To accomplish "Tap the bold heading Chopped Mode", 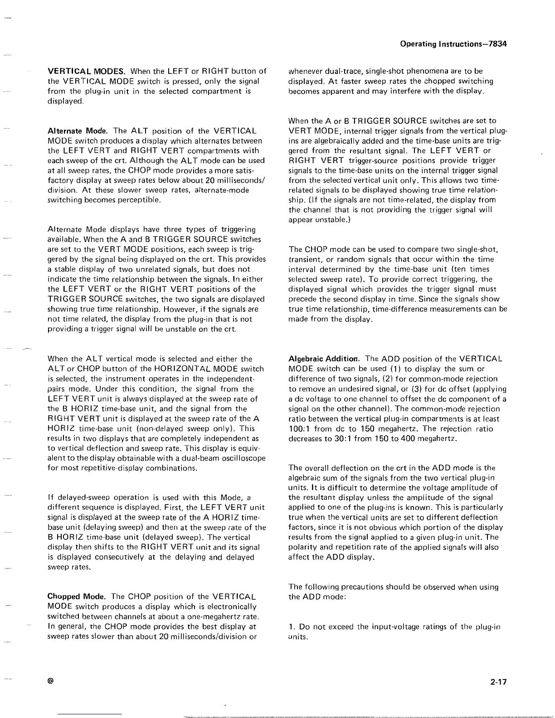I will pos(77,597).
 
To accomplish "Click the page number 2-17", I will pos(497,681).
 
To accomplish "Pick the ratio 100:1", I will pos(300,429).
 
